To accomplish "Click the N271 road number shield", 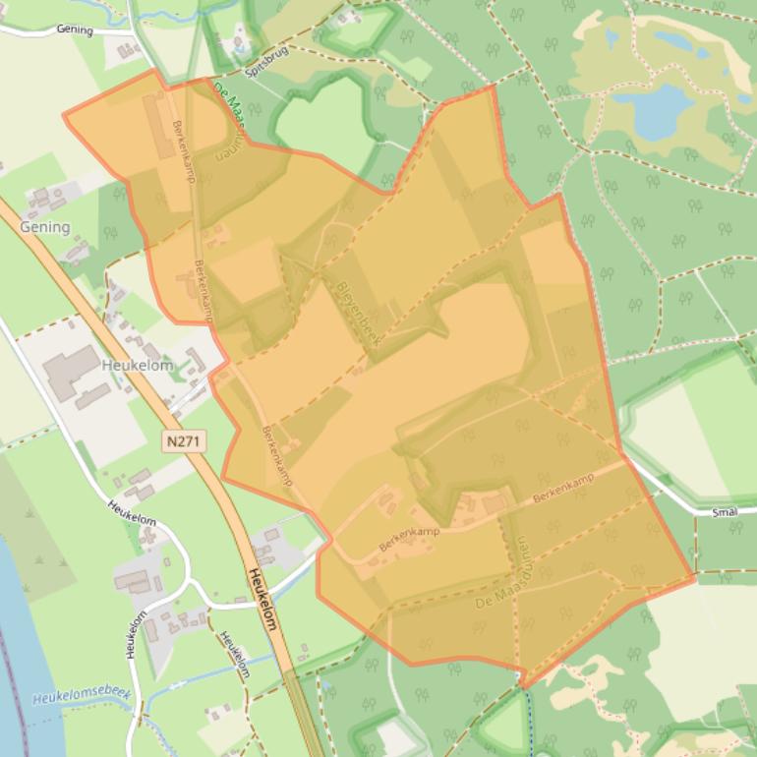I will (x=184, y=442).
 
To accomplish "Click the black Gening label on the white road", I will (x=75, y=30).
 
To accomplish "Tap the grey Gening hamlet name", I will (x=45, y=227).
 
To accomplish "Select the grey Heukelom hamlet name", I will (x=137, y=365).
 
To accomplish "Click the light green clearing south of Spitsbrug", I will (x=324, y=123).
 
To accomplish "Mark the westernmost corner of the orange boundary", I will (x=64, y=115).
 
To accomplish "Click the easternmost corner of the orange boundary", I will (x=695, y=578).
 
